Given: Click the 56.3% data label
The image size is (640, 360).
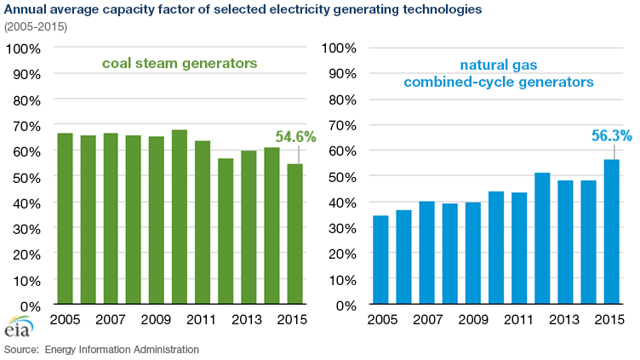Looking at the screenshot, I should point(609,136).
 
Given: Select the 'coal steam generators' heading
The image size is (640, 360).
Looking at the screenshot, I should point(180,64).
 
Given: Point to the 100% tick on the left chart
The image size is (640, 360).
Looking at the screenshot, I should point(22,47).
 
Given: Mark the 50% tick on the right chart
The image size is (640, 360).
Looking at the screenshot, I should point(339,176).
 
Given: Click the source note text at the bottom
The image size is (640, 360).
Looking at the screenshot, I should point(101,350).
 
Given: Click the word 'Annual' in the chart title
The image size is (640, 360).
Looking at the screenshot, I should point(26,9).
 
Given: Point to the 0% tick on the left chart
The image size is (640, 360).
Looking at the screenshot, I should point(29,306).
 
